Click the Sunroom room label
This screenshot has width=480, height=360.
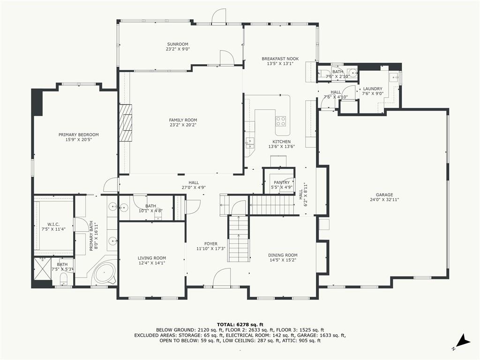click(178, 44)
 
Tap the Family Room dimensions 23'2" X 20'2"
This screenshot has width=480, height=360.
click(183, 125)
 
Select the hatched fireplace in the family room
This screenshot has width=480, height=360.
click(126, 122)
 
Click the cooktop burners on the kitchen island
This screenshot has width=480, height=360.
click(281, 121)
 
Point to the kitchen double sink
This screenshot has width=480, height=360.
click(250, 142)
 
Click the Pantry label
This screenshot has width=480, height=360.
click(282, 182)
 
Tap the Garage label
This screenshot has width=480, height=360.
click(384, 195)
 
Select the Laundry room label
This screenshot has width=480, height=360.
click(373, 89)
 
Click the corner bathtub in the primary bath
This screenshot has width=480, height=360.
click(104, 273)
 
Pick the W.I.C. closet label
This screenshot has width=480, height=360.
click(53, 224)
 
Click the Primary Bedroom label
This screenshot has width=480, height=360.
click(79, 135)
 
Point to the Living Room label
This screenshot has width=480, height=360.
click(152, 258)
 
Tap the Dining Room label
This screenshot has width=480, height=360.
click(283, 255)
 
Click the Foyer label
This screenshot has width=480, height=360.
click(211, 244)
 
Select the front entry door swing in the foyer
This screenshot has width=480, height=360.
click(222, 277)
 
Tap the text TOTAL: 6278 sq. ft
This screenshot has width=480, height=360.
click(240, 324)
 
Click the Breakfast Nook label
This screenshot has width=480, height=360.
click(280, 59)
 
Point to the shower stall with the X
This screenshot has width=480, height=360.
click(43, 269)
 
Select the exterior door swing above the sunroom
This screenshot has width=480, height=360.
click(220, 16)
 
